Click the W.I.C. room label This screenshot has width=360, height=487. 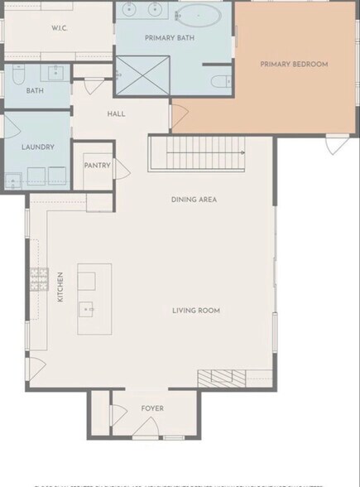59,28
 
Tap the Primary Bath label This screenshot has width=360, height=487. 169,38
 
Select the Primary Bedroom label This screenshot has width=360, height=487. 294,64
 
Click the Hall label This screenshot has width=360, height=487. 117,113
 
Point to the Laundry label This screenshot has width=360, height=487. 38,147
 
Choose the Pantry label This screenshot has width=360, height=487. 97,166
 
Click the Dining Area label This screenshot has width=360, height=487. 194,200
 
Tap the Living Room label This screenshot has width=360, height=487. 195,311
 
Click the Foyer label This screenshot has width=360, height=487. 151,408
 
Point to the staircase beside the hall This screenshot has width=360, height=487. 199,154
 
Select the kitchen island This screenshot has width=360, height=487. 94,299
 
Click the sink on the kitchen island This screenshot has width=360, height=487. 87,310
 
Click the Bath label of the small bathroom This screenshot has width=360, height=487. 35,91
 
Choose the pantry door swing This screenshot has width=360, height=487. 121,171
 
